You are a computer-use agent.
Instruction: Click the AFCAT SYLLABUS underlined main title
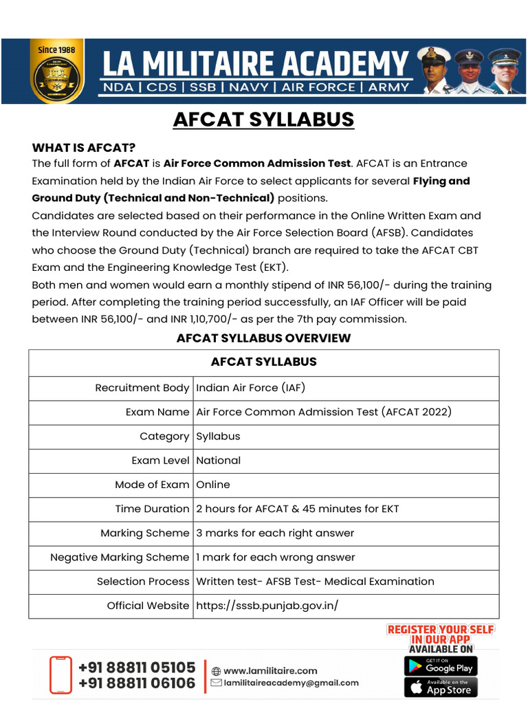point(263,119)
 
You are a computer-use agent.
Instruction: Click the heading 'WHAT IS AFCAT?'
point(84,148)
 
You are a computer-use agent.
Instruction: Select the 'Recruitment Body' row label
point(142,388)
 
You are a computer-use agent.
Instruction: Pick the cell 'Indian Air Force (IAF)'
point(250,388)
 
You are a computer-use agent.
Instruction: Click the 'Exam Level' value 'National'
point(218,461)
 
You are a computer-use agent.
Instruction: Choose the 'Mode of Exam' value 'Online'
point(213,485)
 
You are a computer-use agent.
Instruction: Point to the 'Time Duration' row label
point(152,509)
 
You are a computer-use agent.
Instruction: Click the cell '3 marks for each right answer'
point(275,533)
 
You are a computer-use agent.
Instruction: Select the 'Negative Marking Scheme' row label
point(119,558)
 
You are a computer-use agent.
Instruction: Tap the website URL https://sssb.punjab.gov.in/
point(267,606)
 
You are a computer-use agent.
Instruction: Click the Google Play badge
point(441,666)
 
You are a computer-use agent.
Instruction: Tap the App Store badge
point(441,687)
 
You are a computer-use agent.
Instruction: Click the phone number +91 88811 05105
point(137,668)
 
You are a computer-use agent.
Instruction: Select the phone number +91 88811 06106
point(137,683)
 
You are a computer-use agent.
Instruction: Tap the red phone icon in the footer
point(60,675)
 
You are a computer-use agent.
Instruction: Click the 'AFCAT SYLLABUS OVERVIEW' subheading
point(263,338)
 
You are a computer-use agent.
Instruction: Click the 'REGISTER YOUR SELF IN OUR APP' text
point(441,634)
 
